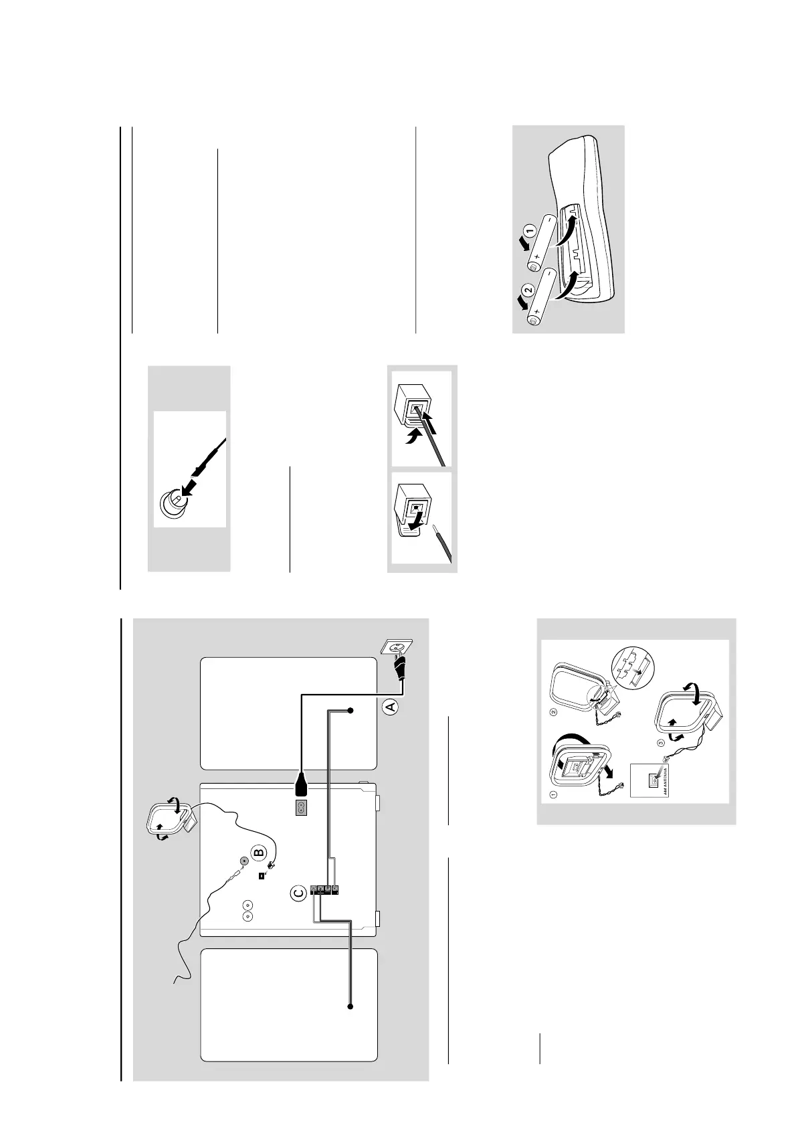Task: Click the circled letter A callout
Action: [392, 706]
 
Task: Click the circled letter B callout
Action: [259, 853]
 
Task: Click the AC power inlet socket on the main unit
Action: [300, 808]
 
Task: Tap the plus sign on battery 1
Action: [537, 256]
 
